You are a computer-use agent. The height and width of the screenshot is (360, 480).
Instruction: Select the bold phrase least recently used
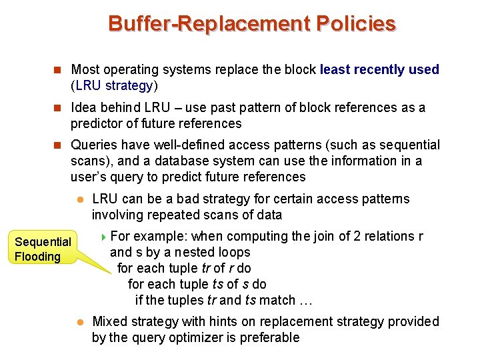[379, 69]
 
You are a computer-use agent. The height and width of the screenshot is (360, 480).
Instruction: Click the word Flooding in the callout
[38, 257]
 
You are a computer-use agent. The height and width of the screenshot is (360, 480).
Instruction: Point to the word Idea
[83, 108]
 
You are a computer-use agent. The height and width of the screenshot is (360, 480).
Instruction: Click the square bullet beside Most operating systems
[57, 69]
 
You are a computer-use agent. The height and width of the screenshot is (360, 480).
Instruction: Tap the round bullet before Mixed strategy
[79, 322]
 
